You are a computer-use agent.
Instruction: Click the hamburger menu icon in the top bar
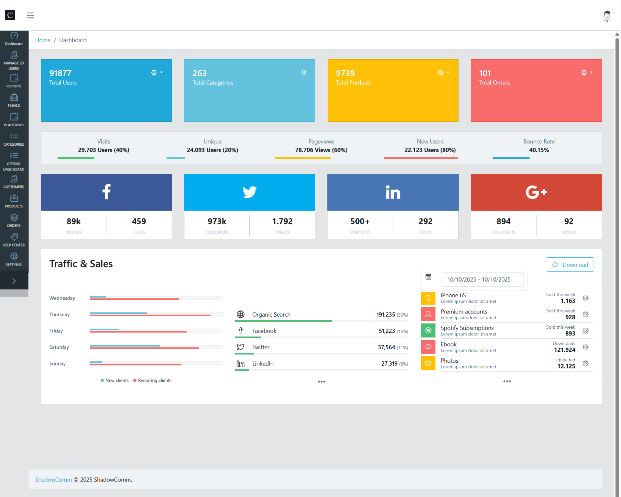(x=30, y=15)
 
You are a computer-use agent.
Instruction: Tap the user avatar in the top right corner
(x=607, y=15)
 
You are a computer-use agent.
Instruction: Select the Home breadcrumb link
(x=43, y=40)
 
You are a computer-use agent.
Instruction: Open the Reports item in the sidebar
(x=14, y=81)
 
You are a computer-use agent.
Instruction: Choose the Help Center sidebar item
(x=14, y=240)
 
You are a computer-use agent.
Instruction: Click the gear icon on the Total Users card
(x=154, y=73)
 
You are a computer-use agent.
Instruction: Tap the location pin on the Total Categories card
(x=303, y=73)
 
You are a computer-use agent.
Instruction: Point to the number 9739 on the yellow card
(x=345, y=73)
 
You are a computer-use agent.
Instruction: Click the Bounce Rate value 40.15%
(x=539, y=150)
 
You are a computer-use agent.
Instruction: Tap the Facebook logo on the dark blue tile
(x=106, y=192)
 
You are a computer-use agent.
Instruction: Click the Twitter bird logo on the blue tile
(x=249, y=192)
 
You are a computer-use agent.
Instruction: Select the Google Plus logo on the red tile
(x=536, y=192)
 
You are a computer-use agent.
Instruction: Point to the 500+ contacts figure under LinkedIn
(x=360, y=221)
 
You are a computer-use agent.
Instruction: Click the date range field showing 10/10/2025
(x=482, y=279)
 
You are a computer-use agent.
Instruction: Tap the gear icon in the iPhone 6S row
(x=585, y=298)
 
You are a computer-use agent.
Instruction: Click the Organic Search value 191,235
(x=386, y=314)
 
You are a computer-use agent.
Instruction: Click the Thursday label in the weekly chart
(x=60, y=314)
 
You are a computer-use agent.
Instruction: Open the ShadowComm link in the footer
(x=53, y=480)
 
